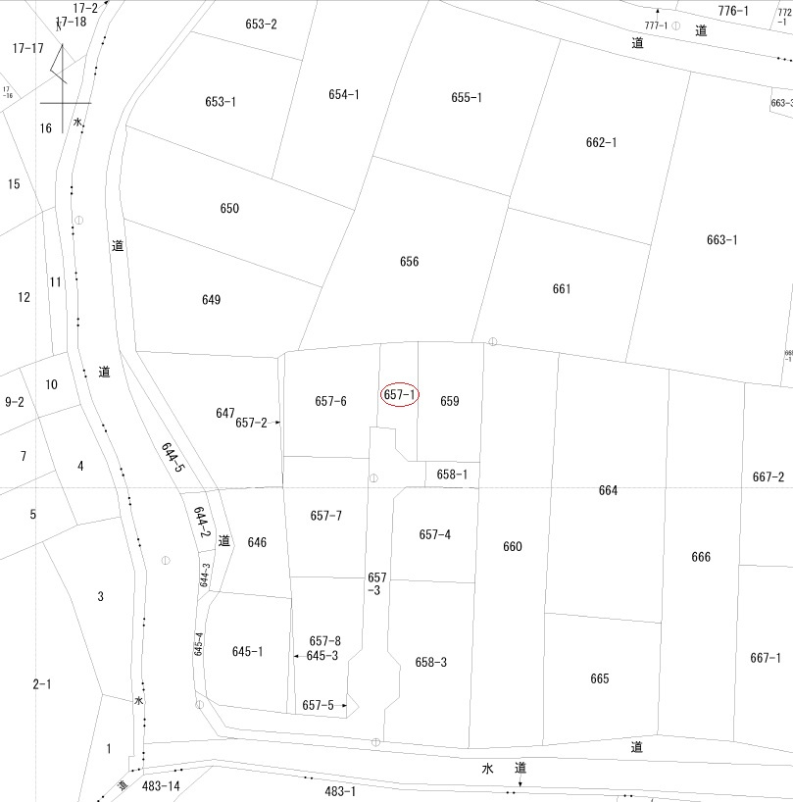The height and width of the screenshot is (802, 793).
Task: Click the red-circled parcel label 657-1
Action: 400,394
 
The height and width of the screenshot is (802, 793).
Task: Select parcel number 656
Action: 409,262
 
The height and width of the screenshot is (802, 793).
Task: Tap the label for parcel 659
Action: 450,401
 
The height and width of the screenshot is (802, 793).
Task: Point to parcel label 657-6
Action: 330,401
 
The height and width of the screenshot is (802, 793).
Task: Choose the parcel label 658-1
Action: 452,475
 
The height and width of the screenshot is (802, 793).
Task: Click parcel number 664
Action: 608,490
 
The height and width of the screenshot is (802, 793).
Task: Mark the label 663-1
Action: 721,240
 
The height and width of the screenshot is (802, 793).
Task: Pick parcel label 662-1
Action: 601,142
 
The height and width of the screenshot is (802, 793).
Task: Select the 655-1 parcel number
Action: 467,97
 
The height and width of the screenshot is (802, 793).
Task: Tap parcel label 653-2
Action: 262,25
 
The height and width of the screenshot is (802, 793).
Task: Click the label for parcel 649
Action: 211,300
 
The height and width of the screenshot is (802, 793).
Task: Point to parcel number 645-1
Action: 247,651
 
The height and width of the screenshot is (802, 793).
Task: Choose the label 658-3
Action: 430,662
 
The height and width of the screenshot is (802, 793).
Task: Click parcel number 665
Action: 600,678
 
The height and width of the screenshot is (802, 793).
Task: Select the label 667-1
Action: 766,658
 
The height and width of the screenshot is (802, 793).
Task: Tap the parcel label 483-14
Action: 161,786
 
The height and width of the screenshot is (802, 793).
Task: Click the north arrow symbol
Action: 62,74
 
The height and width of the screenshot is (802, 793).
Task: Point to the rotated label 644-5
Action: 173,456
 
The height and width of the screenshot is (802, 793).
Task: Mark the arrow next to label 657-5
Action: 342,705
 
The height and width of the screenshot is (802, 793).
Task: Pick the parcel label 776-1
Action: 733,11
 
